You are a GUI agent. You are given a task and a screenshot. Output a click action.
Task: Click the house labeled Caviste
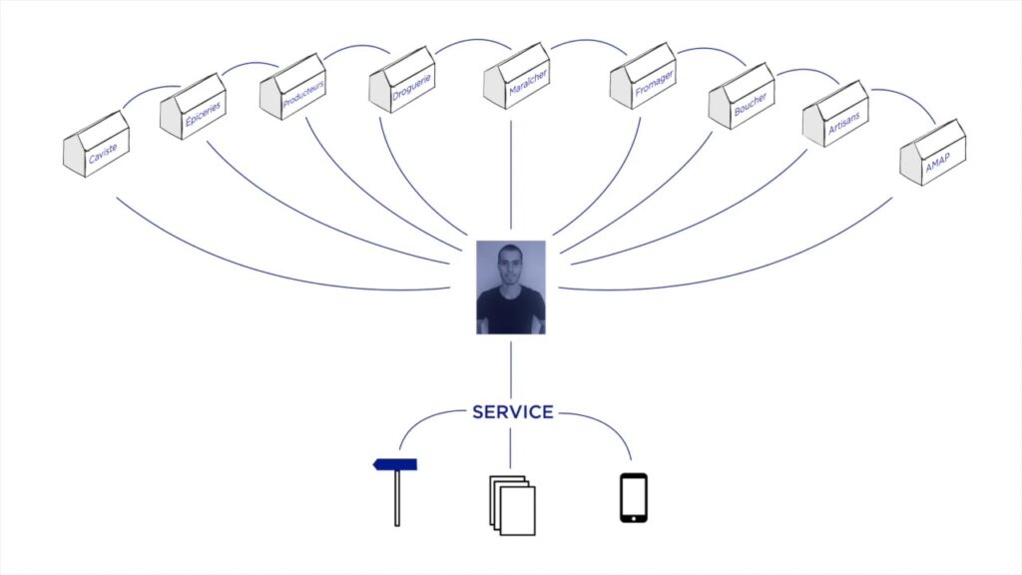pyautogui.click(x=96, y=146)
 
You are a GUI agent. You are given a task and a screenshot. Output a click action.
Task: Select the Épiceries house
pyautogui.click(x=193, y=107)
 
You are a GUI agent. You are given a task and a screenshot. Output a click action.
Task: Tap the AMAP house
pyautogui.click(x=932, y=153)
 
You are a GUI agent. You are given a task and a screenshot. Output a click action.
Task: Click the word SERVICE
pyautogui.click(x=512, y=411)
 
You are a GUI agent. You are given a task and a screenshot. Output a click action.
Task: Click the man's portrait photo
pyautogui.click(x=511, y=287)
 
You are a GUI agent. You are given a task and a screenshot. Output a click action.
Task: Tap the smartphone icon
pyautogui.click(x=633, y=497)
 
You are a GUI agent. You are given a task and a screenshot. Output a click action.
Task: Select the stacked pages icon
pyautogui.click(x=512, y=505)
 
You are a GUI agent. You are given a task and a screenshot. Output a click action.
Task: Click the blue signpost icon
pyautogui.click(x=396, y=491)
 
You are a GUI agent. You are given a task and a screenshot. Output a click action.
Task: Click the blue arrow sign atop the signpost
pyautogui.click(x=395, y=464)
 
